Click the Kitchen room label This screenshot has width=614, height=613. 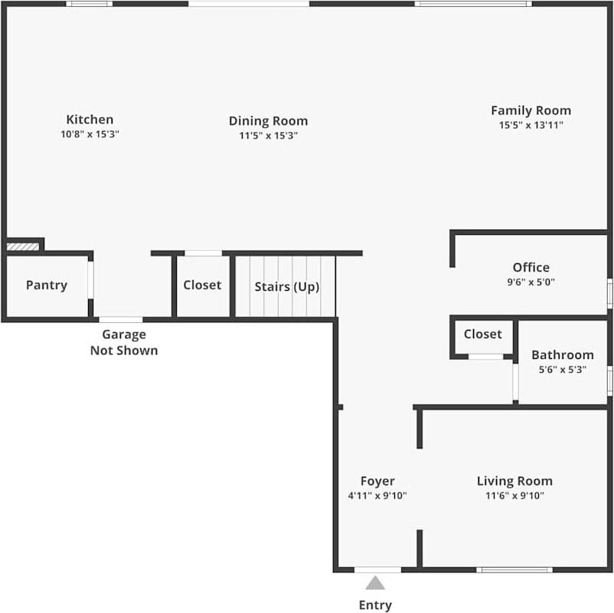[x=90, y=119]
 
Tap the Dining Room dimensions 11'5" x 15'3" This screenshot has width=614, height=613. [x=268, y=135]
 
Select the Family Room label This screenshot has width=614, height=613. [x=531, y=110]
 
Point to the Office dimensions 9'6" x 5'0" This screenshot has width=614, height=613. [x=531, y=282]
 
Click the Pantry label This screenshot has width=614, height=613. [x=47, y=285]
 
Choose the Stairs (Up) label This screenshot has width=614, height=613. [x=286, y=287]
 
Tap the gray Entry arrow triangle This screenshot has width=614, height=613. [x=375, y=583]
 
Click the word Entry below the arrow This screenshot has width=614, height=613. [x=375, y=605]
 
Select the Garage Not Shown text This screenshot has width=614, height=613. [x=124, y=343]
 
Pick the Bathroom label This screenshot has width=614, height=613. [x=562, y=355]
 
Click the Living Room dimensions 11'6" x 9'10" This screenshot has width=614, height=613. [x=514, y=495]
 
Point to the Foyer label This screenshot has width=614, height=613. [x=377, y=481]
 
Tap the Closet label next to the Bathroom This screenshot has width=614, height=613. [x=483, y=334]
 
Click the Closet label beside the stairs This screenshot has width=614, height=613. [x=202, y=285]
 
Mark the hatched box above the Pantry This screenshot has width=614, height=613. [x=22, y=246]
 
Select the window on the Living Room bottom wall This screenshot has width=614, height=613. [x=514, y=569]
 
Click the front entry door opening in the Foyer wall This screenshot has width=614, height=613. [x=377, y=569]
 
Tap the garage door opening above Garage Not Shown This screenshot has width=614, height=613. [x=120, y=319]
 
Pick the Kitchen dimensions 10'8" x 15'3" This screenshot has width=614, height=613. [x=90, y=134]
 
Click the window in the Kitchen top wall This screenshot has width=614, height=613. [x=89, y=4]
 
